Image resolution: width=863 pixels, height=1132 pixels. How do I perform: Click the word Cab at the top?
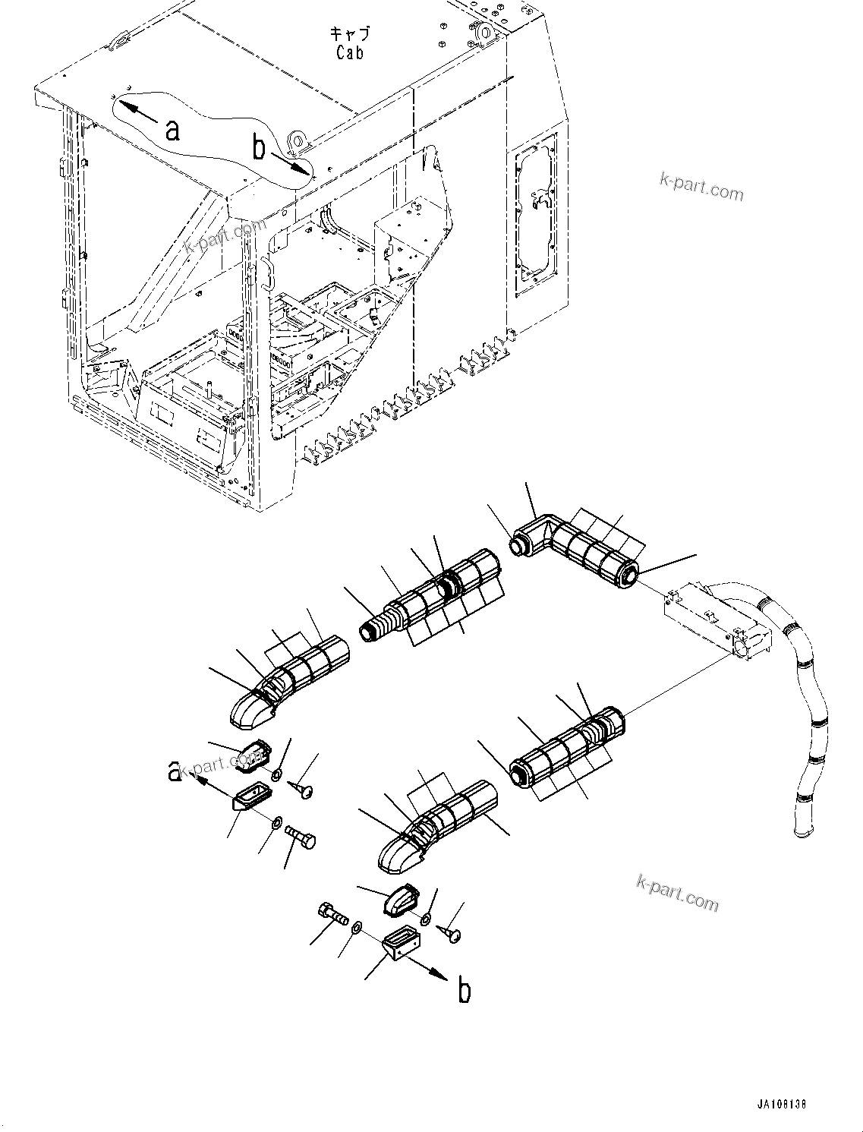point(350,52)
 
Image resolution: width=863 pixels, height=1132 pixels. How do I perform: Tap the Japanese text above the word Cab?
point(350,34)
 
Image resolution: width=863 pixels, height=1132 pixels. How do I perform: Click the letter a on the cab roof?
point(173,130)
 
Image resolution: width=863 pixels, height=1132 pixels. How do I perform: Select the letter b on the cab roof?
point(260,148)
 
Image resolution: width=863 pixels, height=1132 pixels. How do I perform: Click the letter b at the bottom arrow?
point(465,992)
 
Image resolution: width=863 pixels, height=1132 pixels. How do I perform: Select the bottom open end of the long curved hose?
point(802,831)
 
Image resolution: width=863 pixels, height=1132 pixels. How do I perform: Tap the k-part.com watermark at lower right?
point(677,894)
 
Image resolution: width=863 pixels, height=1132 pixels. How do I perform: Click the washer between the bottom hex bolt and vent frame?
point(357,927)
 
